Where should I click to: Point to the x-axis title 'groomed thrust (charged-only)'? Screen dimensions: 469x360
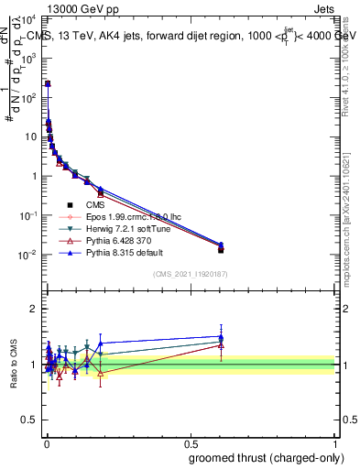tap(265, 457)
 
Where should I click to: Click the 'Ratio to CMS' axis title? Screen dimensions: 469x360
tap(13, 365)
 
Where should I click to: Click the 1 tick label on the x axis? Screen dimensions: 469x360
tap(335, 443)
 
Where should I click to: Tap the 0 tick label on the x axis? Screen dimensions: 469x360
tap(47, 443)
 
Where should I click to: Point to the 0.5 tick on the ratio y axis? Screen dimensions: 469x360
tap(30, 421)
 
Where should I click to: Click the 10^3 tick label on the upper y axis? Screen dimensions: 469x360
tap(31, 57)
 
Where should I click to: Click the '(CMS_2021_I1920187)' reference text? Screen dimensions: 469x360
tap(191, 274)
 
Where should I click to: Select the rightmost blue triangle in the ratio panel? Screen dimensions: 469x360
tap(221, 336)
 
